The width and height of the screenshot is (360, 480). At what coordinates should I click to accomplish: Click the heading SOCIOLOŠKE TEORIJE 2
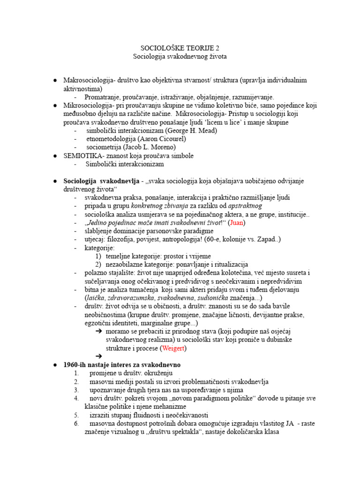tap(180, 48)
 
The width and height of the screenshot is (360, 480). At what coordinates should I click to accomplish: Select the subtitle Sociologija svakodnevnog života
tap(180, 56)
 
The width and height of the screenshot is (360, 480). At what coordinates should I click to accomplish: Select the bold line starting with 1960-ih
tap(121, 365)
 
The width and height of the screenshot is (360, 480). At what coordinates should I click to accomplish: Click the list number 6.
tap(76, 423)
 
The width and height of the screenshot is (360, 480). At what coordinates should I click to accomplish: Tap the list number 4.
tap(76, 398)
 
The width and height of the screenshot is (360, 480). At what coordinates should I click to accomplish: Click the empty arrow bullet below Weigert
tap(99, 356)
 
